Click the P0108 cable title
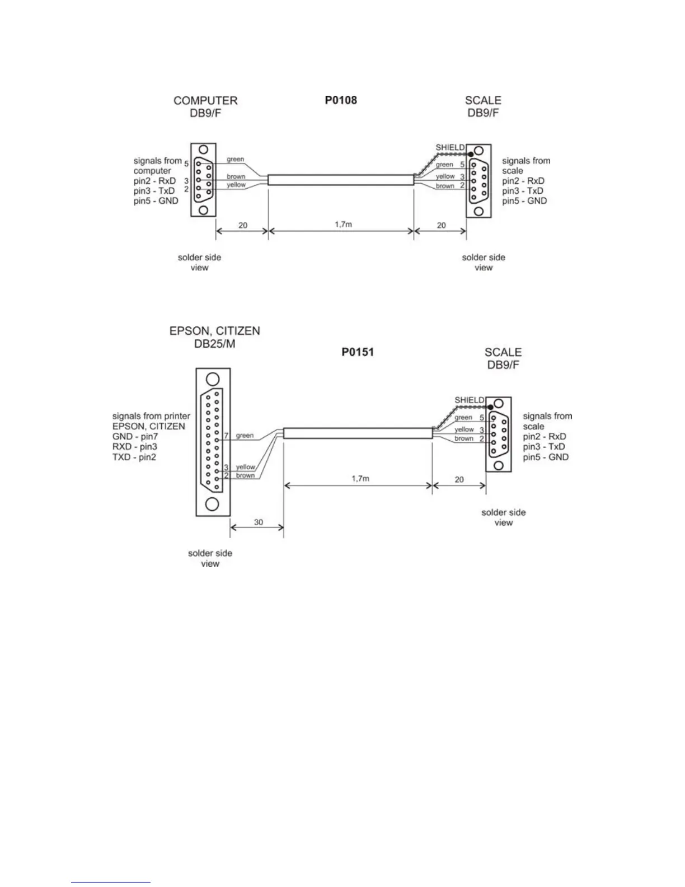pyautogui.click(x=341, y=100)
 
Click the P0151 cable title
pyautogui.click(x=358, y=352)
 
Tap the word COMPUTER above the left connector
pyautogui.click(x=205, y=101)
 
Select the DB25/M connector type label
pyautogui.click(x=214, y=344)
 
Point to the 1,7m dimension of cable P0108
pyautogui.click(x=344, y=224)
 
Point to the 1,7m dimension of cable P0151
pyautogui.click(x=360, y=478)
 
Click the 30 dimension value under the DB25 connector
pyautogui.click(x=259, y=522)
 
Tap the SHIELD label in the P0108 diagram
pyautogui.click(x=450, y=147)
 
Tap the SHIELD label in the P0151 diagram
pyautogui.click(x=469, y=400)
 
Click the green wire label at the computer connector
pyautogui.click(x=235, y=159)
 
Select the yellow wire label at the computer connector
pyautogui.click(x=236, y=185)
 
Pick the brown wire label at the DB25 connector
pyautogui.click(x=245, y=475)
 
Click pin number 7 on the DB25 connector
pyautogui.click(x=227, y=435)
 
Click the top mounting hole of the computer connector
pyautogui.click(x=204, y=150)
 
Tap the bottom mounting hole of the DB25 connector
pyautogui.click(x=212, y=504)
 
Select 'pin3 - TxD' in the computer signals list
pyautogui.click(x=154, y=191)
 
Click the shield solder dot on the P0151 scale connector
pyautogui.click(x=490, y=407)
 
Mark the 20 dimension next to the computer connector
pyautogui.click(x=242, y=225)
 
